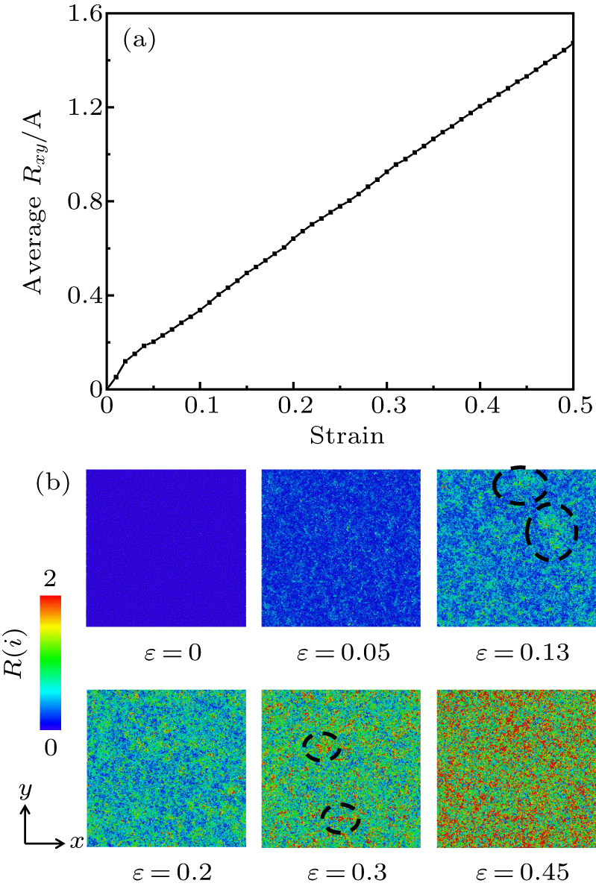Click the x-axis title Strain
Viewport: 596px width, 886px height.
click(x=340, y=436)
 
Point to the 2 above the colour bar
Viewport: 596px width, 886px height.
click(x=50, y=579)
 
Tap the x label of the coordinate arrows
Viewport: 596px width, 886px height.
click(x=76, y=842)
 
